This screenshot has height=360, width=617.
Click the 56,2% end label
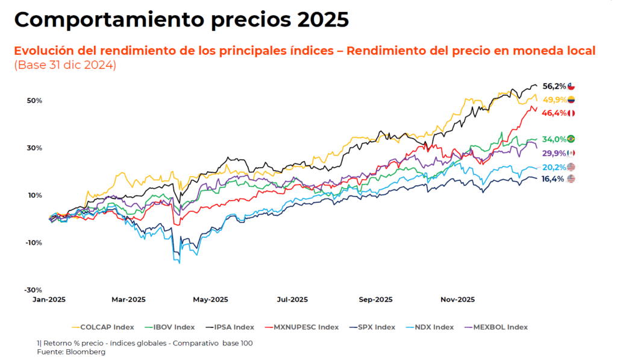coord(554,86)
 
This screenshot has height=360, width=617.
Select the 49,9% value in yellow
coord(554,99)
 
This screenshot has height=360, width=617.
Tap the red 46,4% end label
coord(554,113)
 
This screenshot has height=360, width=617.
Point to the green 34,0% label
coord(554,139)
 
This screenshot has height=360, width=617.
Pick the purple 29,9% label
coord(554,153)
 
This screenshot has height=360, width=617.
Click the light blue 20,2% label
coord(554,167)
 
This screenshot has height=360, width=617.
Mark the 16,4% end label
coord(554,178)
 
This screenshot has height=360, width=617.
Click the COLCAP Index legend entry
coord(103,327)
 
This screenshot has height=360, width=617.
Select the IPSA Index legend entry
coord(231,327)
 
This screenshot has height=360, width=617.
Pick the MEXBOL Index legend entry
coord(496,327)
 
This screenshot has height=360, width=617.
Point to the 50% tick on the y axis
coord(34,101)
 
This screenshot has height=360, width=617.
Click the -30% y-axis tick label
coord(33,290)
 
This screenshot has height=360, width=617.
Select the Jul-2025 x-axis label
coord(292,299)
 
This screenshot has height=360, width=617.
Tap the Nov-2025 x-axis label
coord(458,299)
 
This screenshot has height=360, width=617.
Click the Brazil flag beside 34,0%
coord(571,139)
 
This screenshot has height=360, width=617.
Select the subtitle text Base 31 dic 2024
coord(64,65)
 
